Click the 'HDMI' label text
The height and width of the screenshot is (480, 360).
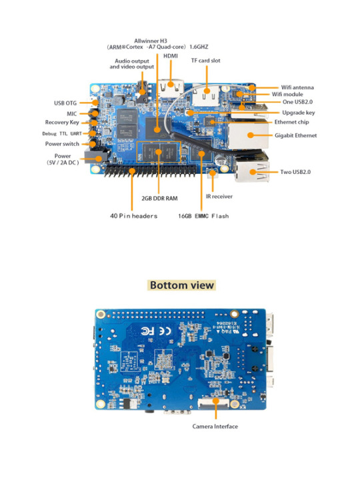171,56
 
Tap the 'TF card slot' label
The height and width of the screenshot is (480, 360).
206,61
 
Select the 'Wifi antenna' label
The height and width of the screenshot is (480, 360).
297,87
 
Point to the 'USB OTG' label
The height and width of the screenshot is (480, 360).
65,103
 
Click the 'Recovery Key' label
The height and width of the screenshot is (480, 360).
62,123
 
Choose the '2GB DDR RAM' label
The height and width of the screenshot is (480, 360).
159,199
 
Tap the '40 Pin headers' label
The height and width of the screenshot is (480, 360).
134,216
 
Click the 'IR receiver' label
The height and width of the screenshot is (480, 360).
219,197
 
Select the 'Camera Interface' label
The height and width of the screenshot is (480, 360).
215,427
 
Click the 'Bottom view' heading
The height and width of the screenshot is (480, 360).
182,285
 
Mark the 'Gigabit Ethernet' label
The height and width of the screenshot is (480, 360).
296,135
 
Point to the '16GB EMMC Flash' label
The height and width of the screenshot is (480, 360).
203,216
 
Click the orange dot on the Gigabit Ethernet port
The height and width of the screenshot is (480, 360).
251,135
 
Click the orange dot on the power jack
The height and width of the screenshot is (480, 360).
99,159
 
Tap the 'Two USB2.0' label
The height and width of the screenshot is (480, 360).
295,172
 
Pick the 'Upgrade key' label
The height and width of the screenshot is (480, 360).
299,113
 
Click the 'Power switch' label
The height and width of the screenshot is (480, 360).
62,144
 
